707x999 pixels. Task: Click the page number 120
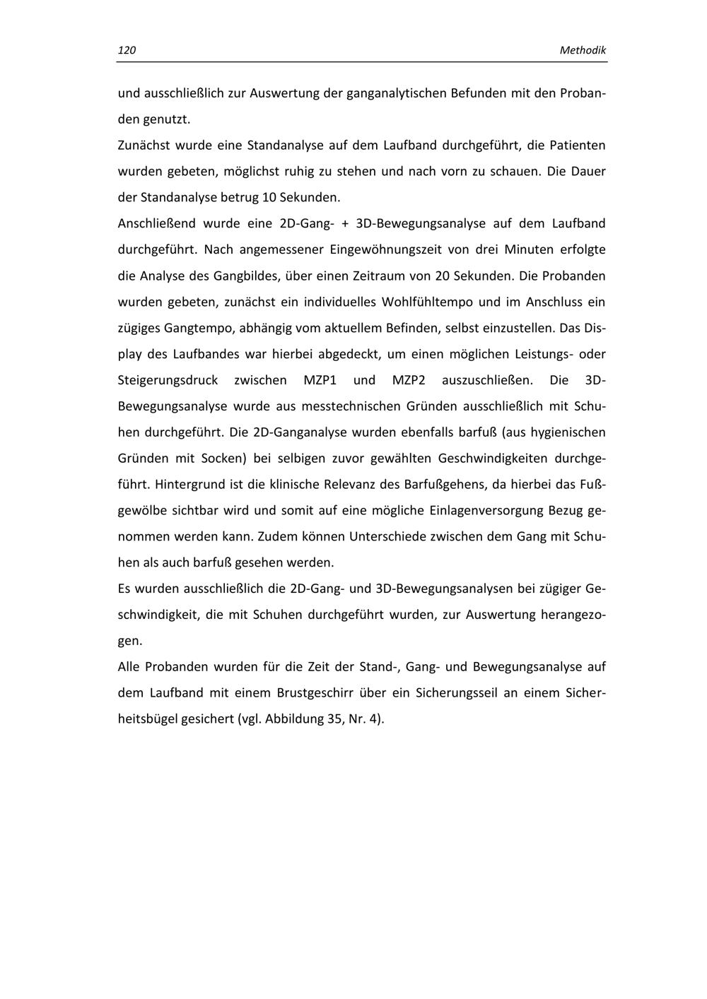(127, 50)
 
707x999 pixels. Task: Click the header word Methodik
(583, 50)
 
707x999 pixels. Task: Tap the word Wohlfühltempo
(427, 302)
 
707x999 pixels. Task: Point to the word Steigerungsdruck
(168, 380)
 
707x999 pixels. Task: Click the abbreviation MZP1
(320, 380)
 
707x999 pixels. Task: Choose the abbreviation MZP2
(409, 380)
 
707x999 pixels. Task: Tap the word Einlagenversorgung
(464, 511)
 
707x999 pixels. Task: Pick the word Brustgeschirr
(316, 693)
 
